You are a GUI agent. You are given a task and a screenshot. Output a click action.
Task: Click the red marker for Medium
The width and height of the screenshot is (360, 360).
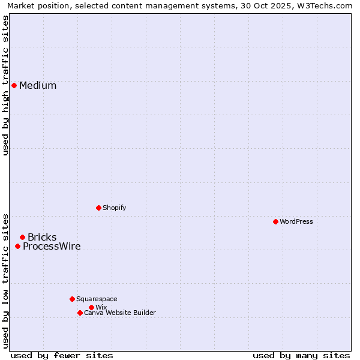click(x=14, y=85)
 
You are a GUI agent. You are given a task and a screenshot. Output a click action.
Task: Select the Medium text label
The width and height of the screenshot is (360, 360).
click(x=38, y=85)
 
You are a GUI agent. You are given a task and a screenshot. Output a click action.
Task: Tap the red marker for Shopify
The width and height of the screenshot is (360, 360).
click(x=98, y=208)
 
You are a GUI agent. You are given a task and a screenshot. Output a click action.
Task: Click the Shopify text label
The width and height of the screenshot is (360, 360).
click(x=114, y=208)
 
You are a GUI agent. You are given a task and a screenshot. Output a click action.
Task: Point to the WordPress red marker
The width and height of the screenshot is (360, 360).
click(x=275, y=221)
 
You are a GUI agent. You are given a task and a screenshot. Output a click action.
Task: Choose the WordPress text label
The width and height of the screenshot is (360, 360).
click(x=296, y=221)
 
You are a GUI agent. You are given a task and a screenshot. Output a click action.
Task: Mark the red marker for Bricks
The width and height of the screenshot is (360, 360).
click(x=22, y=237)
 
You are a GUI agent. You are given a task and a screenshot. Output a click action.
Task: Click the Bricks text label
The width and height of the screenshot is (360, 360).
click(x=42, y=237)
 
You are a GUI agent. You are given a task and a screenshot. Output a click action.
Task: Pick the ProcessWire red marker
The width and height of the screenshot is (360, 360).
click(x=17, y=246)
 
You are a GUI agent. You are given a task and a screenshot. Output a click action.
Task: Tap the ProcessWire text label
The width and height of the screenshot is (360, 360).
click(x=52, y=246)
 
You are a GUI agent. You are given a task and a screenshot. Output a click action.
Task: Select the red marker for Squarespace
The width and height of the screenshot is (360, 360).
click(x=72, y=299)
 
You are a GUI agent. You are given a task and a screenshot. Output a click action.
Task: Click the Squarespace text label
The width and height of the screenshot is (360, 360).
click(x=97, y=299)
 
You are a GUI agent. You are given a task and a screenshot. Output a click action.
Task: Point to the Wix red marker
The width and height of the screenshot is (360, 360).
click(x=91, y=307)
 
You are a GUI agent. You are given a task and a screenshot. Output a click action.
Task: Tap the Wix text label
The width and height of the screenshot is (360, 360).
click(x=101, y=307)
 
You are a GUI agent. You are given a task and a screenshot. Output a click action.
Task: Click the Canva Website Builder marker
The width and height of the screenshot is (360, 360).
click(x=80, y=313)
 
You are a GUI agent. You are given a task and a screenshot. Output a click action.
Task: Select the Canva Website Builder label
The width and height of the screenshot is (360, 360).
click(x=120, y=313)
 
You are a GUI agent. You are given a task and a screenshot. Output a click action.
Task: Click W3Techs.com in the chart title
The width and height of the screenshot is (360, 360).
click(x=326, y=5)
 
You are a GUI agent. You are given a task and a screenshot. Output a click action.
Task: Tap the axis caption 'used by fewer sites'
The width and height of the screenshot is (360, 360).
click(x=62, y=355)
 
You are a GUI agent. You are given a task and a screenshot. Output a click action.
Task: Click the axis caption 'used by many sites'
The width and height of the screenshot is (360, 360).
click(x=301, y=355)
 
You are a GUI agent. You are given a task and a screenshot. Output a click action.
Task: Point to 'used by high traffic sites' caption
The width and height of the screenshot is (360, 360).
click(x=5, y=85)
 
